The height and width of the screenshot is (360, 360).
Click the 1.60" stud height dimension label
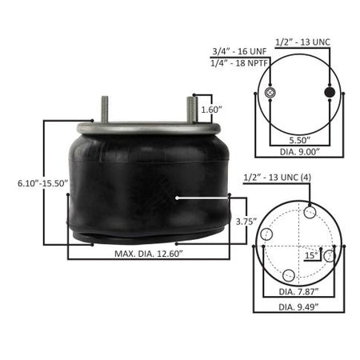pyautogui.click(x=211, y=110)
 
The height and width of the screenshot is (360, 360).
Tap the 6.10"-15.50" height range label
pyautogui.click(x=43, y=183)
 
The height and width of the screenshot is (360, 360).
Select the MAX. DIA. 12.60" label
pyautogui.click(x=149, y=254)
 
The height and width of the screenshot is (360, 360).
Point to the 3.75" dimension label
pyautogui.click(x=246, y=222)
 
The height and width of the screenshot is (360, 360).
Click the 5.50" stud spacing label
pyautogui.click(x=300, y=140)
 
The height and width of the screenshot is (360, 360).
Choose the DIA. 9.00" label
pyautogui.click(x=300, y=152)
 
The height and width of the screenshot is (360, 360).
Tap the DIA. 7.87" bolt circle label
pyautogui.click(x=298, y=291)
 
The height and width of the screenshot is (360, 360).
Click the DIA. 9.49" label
pyautogui.click(x=298, y=307)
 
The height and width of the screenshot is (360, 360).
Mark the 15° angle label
pyautogui.click(x=311, y=255)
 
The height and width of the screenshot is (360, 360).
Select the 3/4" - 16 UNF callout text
pyautogui.click(x=239, y=51)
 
